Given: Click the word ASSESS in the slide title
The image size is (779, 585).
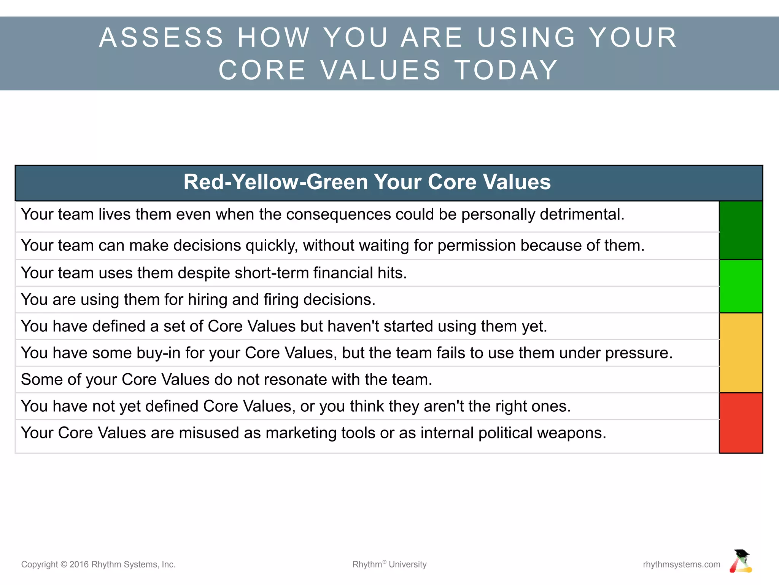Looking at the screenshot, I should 161,38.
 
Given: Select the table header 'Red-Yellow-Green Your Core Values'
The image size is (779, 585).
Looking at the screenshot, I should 367,182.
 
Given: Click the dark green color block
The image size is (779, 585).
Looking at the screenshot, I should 741,230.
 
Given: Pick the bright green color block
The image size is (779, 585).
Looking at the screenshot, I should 741,286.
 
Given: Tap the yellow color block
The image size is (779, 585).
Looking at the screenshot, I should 741,353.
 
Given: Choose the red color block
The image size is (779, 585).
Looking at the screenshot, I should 741,423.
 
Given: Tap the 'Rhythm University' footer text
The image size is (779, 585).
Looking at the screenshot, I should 389,564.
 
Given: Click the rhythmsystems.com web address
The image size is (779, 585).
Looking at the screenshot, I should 681,564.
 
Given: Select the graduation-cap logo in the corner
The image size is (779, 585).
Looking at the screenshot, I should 741,561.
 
